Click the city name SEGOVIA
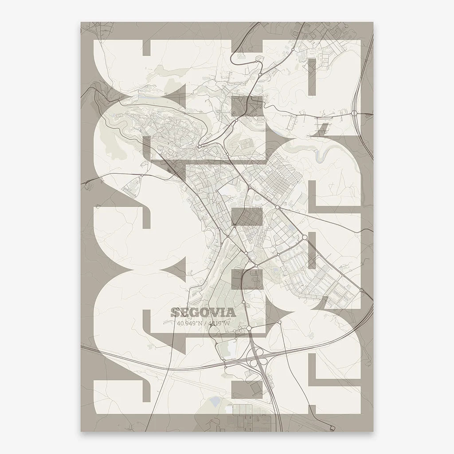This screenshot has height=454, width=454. click(x=202, y=313)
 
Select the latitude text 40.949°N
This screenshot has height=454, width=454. click(x=188, y=323)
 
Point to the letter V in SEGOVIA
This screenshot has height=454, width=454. click(x=214, y=313)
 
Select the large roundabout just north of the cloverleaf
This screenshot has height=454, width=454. click(x=249, y=328)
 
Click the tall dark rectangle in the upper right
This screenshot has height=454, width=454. click(x=313, y=77)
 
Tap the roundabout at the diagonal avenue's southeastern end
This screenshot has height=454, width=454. click(x=362, y=290)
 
